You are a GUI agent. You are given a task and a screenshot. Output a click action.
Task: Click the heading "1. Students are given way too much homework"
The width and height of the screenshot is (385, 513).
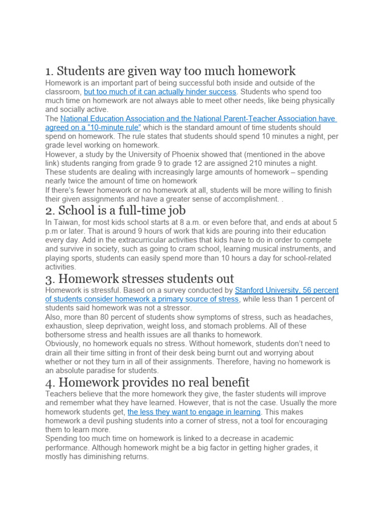click(170, 71)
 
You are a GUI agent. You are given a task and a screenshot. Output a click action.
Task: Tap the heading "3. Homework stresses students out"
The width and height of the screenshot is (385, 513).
click(140, 278)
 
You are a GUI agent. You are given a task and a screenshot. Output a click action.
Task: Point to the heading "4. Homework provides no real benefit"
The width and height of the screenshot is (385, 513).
click(147, 382)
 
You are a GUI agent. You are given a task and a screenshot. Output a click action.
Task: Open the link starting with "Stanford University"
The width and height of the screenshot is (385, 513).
click(287, 290)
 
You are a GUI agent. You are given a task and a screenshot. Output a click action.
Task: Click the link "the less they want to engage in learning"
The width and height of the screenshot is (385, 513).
click(194, 412)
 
